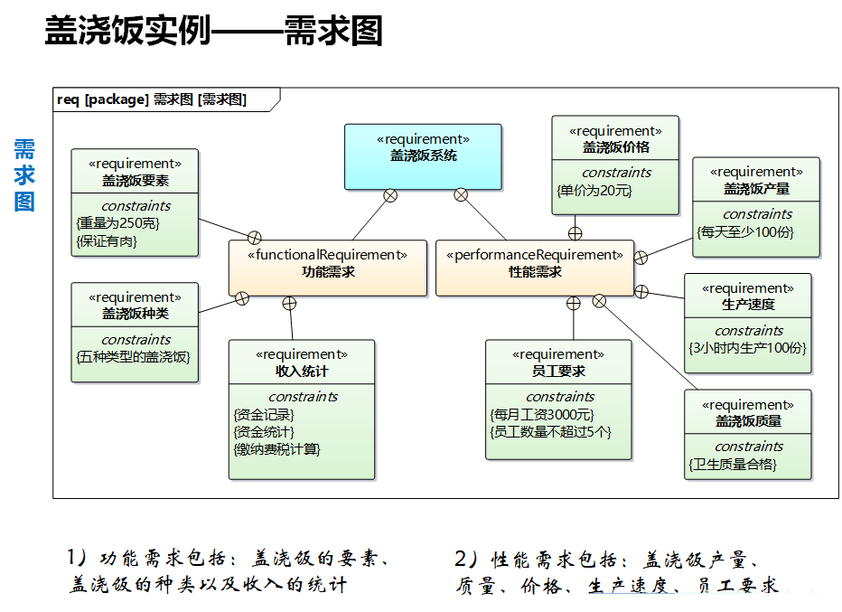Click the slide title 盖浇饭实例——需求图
click(x=213, y=32)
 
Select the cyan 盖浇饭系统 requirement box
click(x=423, y=156)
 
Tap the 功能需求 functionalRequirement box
click(x=327, y=268)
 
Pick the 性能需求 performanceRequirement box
click(x=535, y=268)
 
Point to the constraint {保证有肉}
click(x=108, y=240)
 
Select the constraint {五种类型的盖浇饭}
click(x=133, y=357)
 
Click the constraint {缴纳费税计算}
click(x=277, y=448)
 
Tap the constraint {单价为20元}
click(x=594, y=190)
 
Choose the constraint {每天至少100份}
click(x=745, y=231)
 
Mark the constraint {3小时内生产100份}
click(x=747, y=348)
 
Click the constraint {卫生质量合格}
click(x=733, y=465)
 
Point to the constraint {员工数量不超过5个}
click(x=550, y=431)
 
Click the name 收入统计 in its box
click(x=302, y=371)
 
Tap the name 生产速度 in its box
click(x=747, y=305)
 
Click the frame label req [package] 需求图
click(x=152, y=99)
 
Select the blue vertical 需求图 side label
click(x=24, y=174)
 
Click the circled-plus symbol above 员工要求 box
click(x=573, y=303)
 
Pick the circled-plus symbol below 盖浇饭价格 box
click(x=575, y=233)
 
